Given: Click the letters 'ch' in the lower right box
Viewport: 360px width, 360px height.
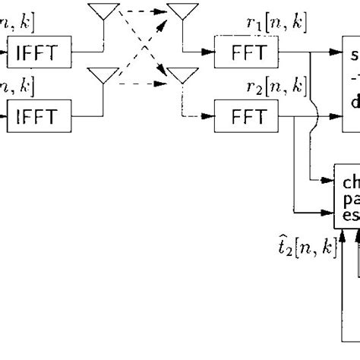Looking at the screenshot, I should (351, 182).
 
